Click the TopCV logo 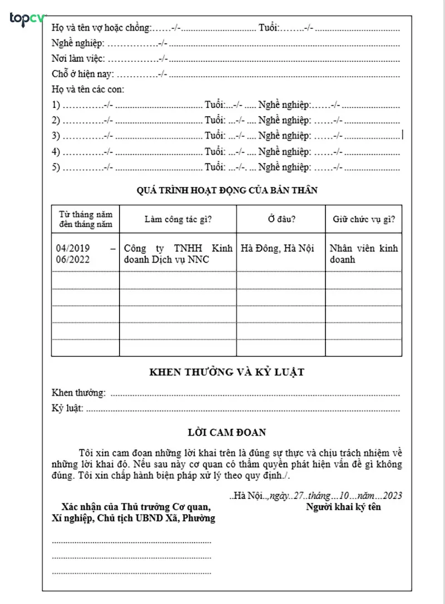(26, 19)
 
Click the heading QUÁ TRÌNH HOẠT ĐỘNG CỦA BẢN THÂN (227, 190)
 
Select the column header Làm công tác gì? (177, 219)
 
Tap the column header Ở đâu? (281, 219)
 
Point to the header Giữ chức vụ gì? (364, 219)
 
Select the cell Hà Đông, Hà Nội (277, 249)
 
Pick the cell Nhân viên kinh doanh (363, 254)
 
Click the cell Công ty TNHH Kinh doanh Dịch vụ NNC (177, 254)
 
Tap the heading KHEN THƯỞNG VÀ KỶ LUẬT (227, 372)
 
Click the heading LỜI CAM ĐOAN (227, 432)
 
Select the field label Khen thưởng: (78, 393)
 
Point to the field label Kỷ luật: (67, 409)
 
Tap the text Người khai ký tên (343, 507)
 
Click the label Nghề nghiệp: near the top (77, 43)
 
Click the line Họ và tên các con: (88, 90)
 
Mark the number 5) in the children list (56, 167)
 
